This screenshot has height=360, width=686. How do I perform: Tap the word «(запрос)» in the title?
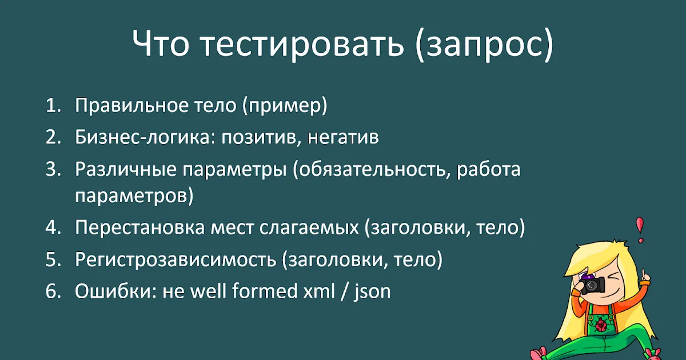(485, 45)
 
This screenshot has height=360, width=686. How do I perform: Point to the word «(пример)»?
(285, 106)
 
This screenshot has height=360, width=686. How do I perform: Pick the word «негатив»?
(343, 138)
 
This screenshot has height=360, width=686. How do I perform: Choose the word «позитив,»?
(261, 138)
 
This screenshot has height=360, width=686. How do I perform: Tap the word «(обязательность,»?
(372, 169)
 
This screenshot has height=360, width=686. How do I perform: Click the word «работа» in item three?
(488, 169)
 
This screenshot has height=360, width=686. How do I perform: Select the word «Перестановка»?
(139, 228)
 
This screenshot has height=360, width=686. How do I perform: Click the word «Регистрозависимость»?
(176, 260)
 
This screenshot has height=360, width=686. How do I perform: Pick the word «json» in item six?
(372, 292)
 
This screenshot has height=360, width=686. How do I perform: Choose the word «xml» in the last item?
(319, 291)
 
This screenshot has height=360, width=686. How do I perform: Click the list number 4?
(53, 228)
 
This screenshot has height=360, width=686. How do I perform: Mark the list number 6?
(53, 291)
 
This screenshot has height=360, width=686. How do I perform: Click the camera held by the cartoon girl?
(592, 285)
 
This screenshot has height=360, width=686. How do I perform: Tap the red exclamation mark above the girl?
(640, 230)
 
